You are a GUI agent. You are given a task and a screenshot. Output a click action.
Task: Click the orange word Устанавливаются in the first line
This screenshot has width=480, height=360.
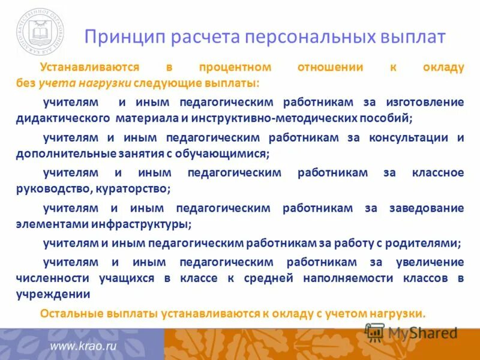[x=89, y=68]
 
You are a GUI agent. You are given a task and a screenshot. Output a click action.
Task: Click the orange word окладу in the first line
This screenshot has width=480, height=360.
[x=445, y=68]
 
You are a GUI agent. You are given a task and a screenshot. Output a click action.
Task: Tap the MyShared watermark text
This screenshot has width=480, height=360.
[x=422, y=332]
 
